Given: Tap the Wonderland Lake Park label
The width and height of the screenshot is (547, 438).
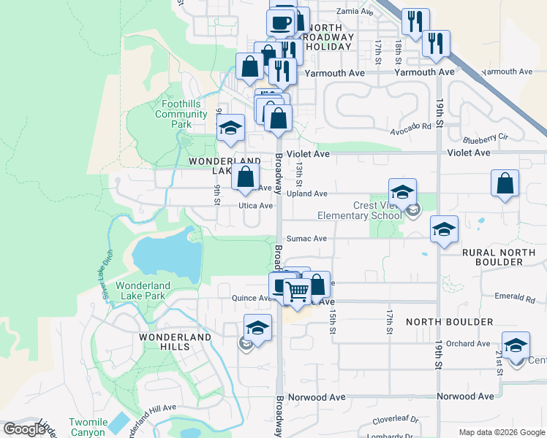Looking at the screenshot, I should click(x=143, y=291).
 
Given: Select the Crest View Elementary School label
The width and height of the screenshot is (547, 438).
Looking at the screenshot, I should click(x=359, y=210).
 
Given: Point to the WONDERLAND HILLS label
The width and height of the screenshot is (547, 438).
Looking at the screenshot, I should click(x=176, y=342).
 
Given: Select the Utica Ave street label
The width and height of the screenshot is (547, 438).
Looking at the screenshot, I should click(x=255, y=207).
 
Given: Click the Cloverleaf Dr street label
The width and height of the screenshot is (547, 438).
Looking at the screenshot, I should click(x=394, y=420).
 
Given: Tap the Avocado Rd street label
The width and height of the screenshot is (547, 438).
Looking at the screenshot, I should click(x=410, y=127).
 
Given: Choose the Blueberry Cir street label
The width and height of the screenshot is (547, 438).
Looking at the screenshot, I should click(x=484, y=137).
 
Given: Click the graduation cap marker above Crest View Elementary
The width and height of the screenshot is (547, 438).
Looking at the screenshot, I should click(x=401, y=193).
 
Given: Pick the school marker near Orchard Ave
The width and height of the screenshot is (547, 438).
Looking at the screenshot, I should click(x=516, y=345).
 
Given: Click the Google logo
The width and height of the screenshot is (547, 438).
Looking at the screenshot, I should click(x=24, y=429).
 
